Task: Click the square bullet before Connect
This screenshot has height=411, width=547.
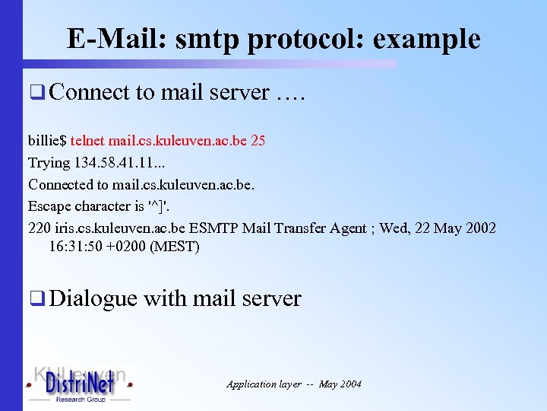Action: pos(35,94)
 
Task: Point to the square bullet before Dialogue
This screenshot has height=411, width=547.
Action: pos(35,300)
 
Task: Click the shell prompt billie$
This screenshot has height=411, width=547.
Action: pos(48,141)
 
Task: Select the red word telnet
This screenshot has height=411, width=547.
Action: pos(87,141)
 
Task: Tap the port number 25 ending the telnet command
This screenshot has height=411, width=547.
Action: pos(258,141)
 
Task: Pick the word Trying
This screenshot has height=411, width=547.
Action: pos(49,163)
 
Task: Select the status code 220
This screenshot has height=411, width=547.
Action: pos(39,228)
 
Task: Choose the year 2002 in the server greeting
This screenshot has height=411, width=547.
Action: pos(479,228)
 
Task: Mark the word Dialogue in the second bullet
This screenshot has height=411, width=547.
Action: pos(93,298)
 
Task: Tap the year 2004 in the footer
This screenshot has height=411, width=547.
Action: pos(350,384)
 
